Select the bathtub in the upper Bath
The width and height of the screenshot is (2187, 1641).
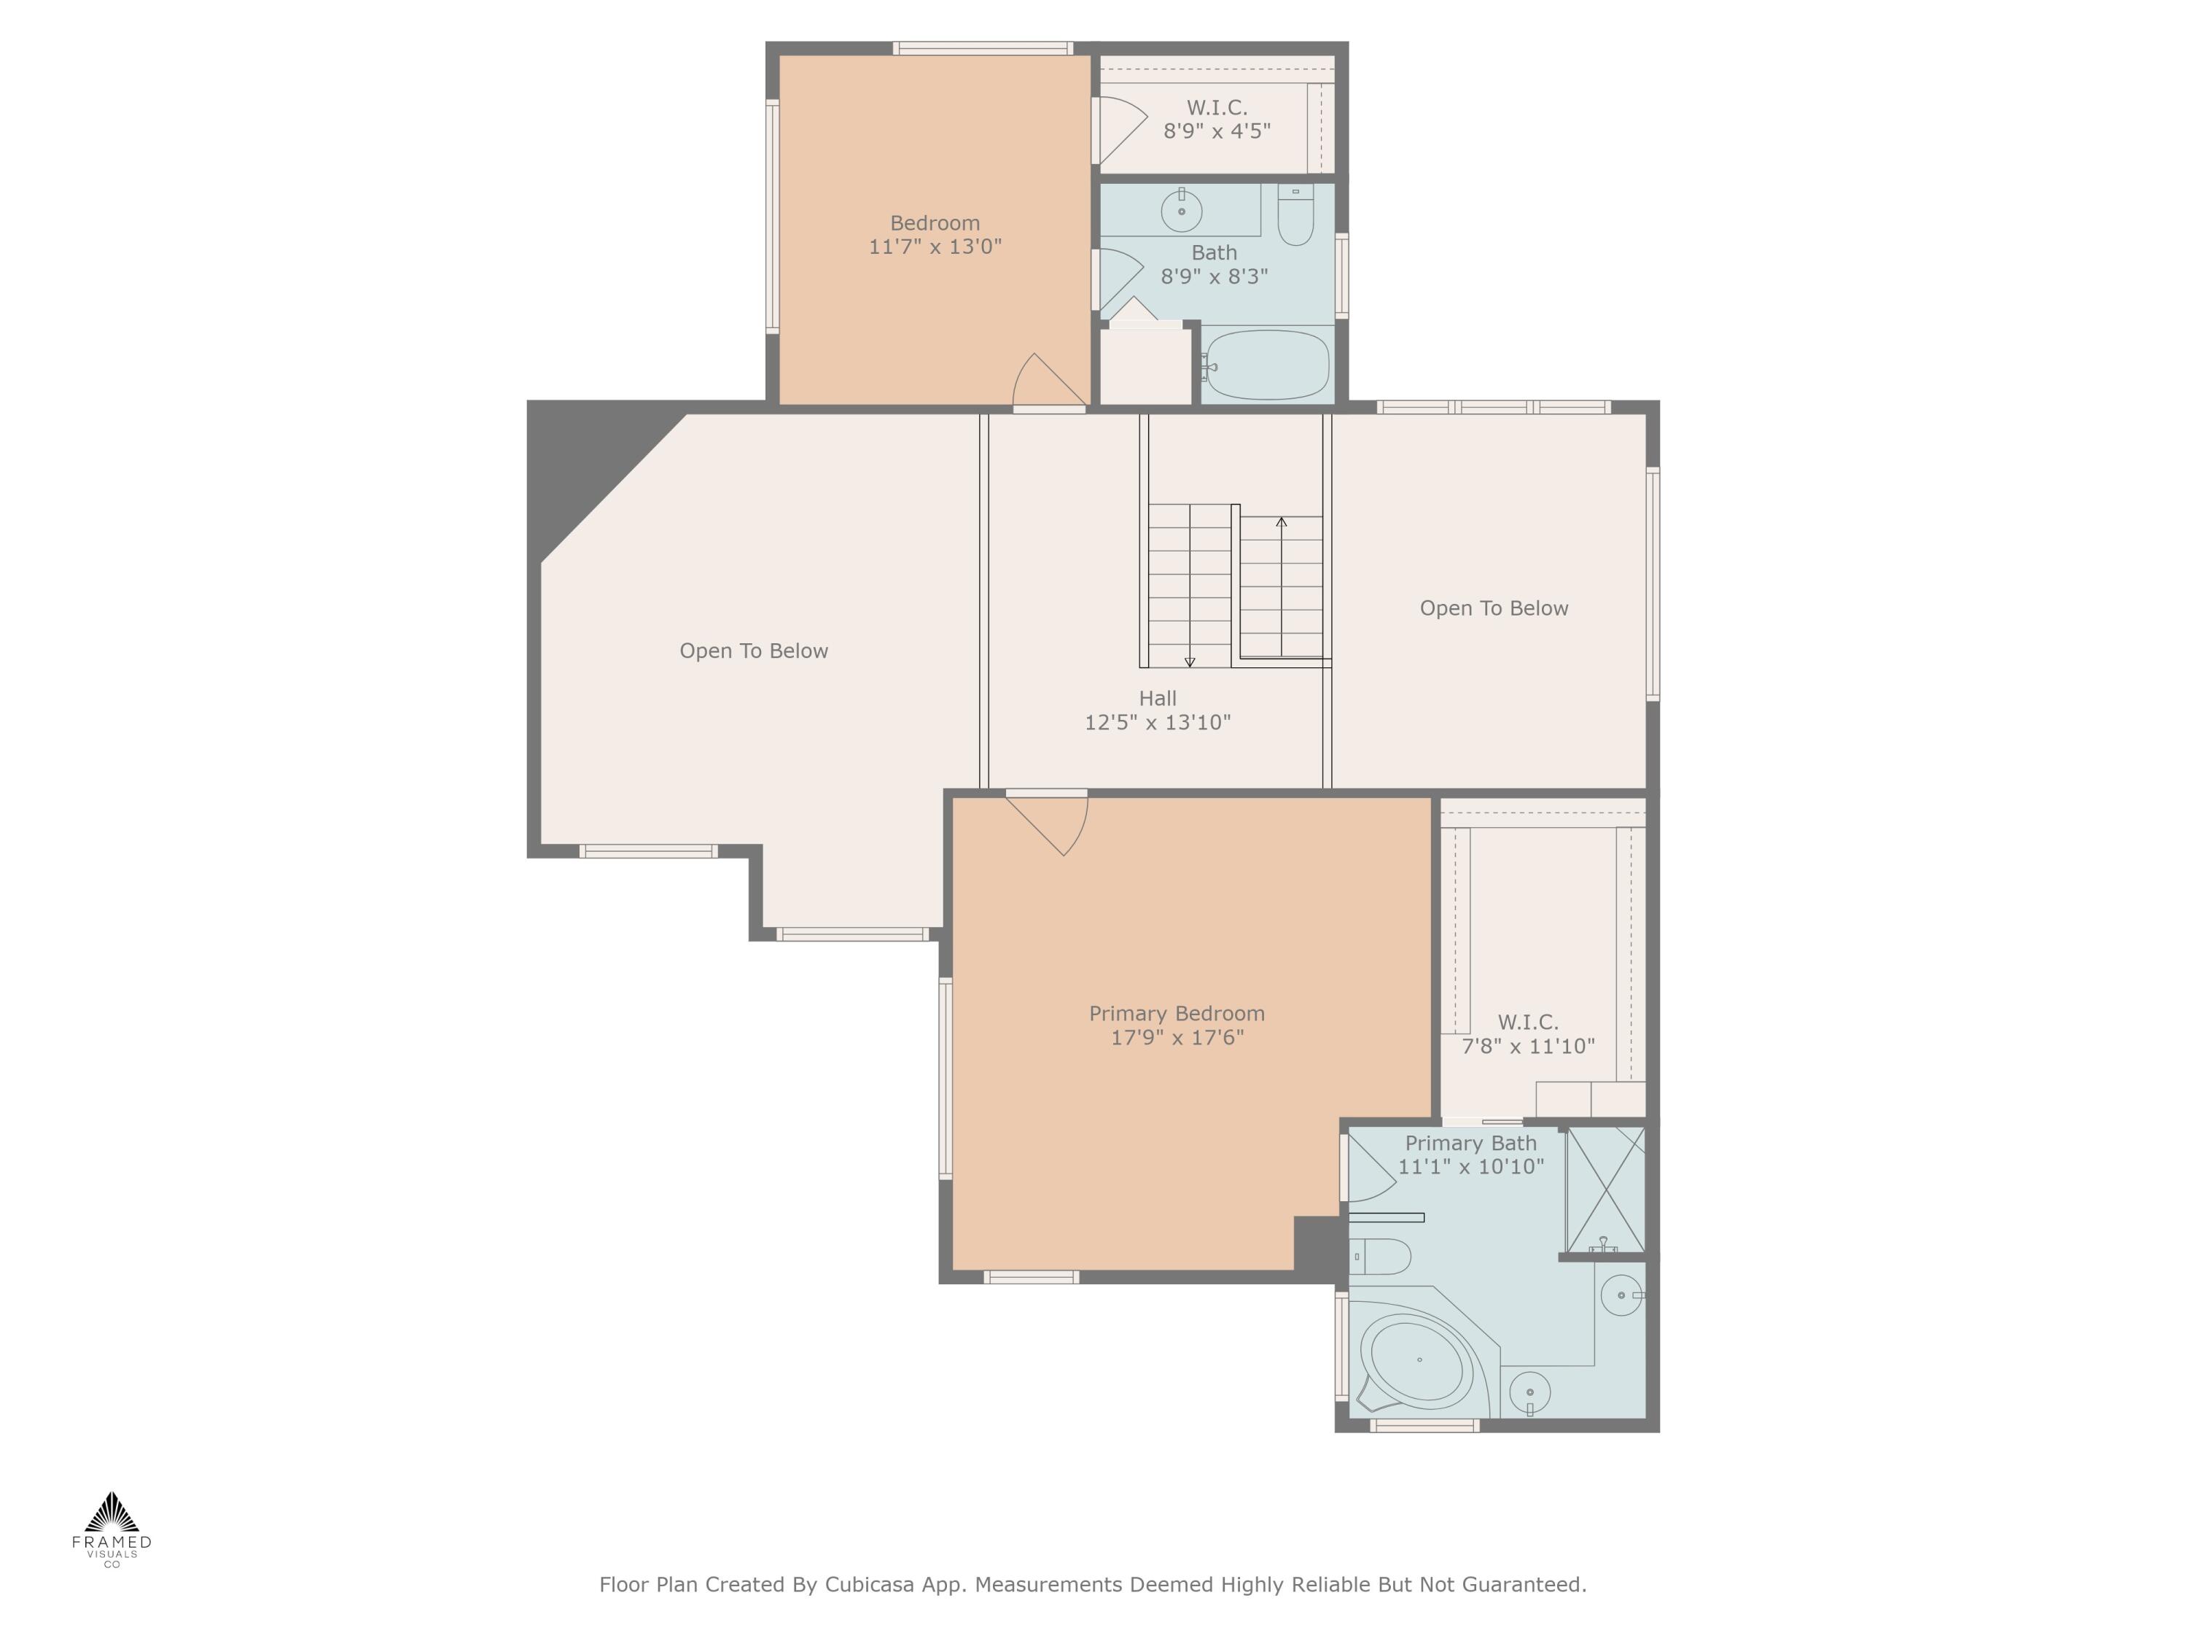[1268, 365]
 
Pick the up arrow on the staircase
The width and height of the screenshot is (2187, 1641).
[1282, 522]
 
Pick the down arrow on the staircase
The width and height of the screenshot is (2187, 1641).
[1190, 661]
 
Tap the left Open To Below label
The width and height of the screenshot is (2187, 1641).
[753, 651]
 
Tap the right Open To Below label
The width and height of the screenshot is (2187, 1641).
[1493, 608]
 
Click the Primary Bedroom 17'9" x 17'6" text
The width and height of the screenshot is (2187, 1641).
[1177, 1025]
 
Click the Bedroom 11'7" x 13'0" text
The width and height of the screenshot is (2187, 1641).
[935, 234]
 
